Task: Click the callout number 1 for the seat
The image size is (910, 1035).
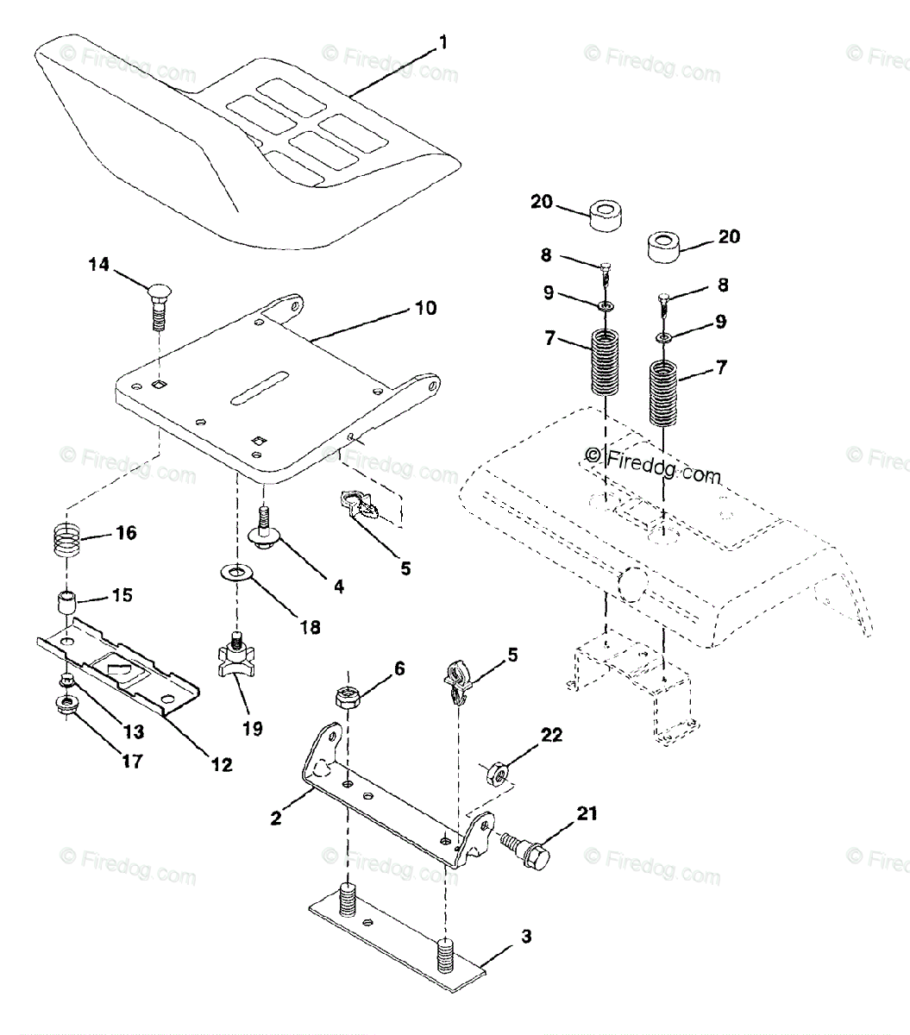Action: pos(442,41)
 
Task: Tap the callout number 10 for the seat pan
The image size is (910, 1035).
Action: pos(425,308)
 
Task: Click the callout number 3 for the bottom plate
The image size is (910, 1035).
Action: pos(525,937)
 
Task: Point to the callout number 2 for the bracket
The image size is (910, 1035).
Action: pos(276,817)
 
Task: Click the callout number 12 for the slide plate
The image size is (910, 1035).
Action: pos(223,763)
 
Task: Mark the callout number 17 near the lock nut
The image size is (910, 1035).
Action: pos(132,762)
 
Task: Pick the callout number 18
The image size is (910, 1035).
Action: pos(308,626)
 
